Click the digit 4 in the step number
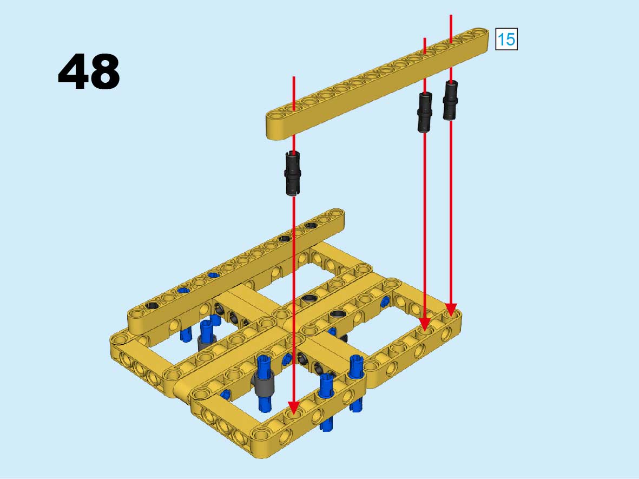coord(74,71)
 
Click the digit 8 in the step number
coord(105,71)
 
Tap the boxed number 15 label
coord(506,40)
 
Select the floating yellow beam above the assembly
coord(377,83)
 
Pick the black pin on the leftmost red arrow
coord(293,173)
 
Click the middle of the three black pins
coord(425,111)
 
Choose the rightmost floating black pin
coord(450,100)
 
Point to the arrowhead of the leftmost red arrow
coord(293,408)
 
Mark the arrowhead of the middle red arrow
coord(425,325)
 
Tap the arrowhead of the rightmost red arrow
coord(451,310)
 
